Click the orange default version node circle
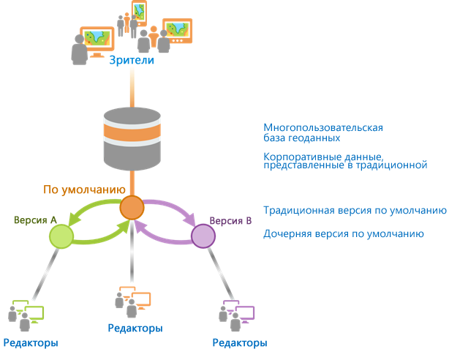[132, 208]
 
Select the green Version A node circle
[61, 236]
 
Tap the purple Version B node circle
[203, 236]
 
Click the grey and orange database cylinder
[132, 138]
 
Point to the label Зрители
[132, 61]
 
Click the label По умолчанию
[80, 190]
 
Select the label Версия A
[35, 220]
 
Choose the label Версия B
[231, 220]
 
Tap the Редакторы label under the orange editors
[135, 329]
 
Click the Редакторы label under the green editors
[31, 343]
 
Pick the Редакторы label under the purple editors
[239, 343]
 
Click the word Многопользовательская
[322, 127]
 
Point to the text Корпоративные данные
[322, 157]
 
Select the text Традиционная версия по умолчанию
[355, 210]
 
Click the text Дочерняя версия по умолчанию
[343, 234]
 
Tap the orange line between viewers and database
[132, 88]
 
